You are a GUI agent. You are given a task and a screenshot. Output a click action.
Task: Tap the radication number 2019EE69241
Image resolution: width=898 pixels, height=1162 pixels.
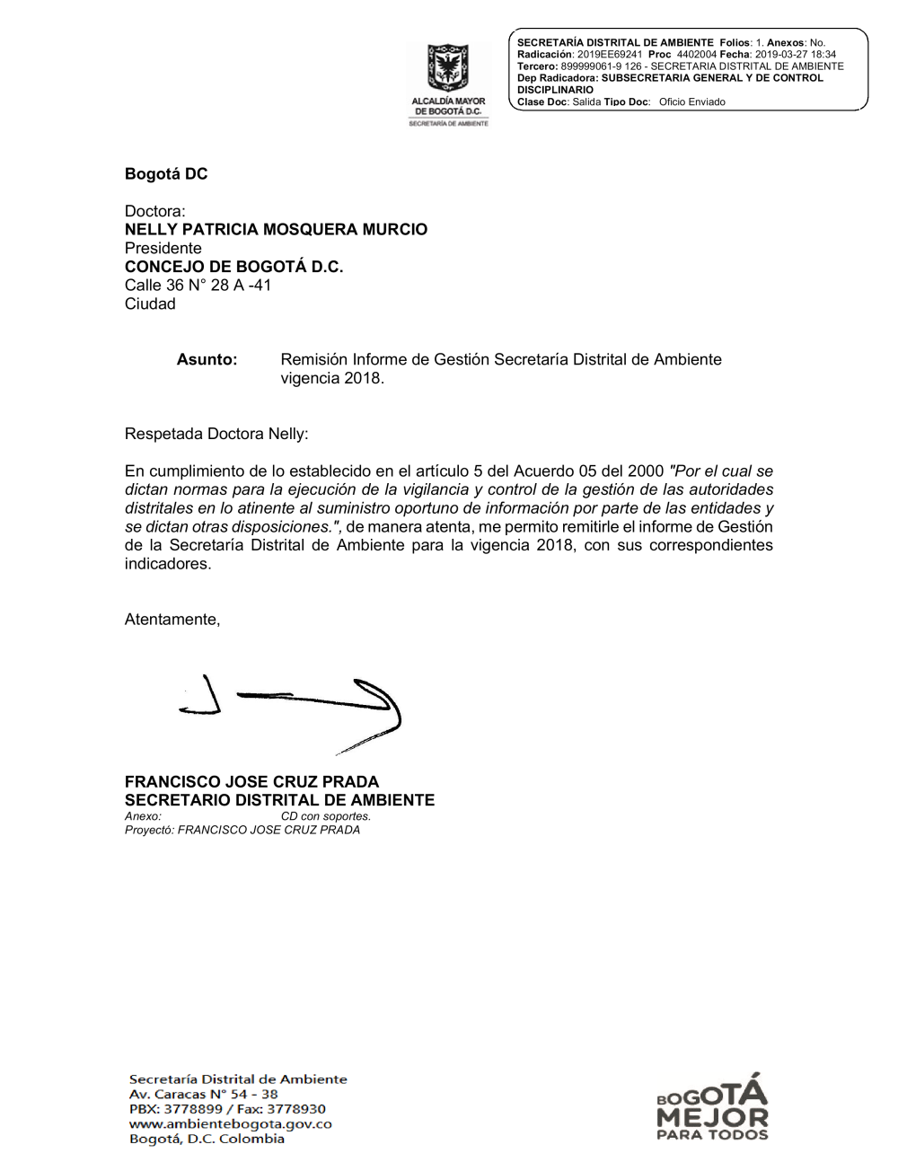(x=610, y=55)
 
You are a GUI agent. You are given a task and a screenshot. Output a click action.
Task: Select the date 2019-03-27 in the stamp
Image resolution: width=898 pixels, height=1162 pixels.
(x=780, y=55)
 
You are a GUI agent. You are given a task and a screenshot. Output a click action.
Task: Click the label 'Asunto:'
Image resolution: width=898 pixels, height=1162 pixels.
(x=207, y=360)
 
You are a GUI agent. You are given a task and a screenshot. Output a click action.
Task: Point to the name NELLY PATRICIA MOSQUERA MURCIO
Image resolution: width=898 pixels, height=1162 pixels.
(x=276, y=230)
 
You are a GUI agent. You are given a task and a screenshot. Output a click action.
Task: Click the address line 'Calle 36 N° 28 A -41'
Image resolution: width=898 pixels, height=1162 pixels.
(x=198, y=286)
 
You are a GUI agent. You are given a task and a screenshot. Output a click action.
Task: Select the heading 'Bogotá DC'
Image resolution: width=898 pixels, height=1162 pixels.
(x=166, y=174)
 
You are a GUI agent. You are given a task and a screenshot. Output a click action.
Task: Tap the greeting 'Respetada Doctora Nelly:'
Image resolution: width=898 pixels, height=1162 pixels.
(x=216, y=435)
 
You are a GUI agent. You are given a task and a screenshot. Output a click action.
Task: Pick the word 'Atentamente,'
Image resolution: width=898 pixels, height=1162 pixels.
(x=172, y=620)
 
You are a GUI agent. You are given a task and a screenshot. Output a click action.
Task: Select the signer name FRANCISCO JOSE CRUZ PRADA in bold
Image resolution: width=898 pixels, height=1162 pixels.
(x=251, y=782)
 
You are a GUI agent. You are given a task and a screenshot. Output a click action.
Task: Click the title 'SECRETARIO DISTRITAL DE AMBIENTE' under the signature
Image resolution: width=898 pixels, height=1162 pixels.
(x=279, y=800)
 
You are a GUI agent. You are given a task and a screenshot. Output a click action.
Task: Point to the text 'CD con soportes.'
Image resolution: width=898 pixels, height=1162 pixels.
(x=325, y=816)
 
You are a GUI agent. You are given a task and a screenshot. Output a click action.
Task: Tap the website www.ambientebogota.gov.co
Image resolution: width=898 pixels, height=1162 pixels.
(x=230, y=1124)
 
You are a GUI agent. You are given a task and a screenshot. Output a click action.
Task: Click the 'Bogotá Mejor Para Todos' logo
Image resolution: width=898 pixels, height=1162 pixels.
(x=712, y=1109)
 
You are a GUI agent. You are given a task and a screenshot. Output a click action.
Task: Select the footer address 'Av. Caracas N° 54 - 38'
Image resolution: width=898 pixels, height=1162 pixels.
(x=204, y=1095)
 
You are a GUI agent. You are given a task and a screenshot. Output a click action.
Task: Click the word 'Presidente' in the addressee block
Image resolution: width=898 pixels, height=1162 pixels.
(x=163, y=249)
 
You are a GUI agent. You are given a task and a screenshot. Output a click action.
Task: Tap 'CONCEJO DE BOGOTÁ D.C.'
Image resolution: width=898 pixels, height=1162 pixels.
(x=233, y=267)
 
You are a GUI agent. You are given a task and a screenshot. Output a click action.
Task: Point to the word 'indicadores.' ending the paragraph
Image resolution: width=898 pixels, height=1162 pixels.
(x=168, y=564)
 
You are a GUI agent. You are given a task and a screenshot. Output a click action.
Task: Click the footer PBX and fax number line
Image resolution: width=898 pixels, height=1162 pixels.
(x=227, y=1109)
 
